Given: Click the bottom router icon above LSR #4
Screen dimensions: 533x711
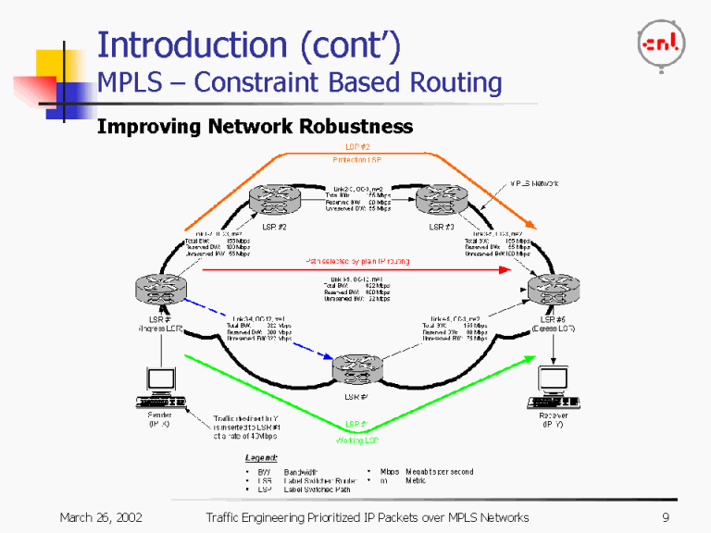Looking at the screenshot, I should pos(358,368).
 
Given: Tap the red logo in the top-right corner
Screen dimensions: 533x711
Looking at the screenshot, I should pos(661,42).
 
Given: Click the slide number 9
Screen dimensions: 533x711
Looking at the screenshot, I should pos(665,517).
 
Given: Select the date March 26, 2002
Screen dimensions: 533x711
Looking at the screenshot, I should pos(101,517).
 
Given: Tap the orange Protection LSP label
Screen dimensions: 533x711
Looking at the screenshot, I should pos(355,160).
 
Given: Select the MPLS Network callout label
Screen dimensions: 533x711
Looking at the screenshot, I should pos(535,184).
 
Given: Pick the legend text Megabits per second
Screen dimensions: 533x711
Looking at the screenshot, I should pos(439,471).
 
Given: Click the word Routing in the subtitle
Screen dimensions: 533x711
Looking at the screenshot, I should pos(453,83).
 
